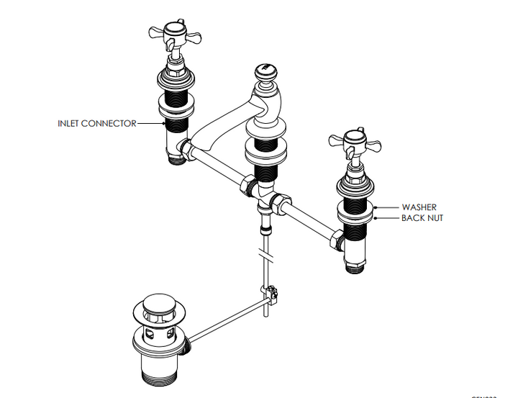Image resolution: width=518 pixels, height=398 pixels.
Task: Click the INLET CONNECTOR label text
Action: [x=96, y=123]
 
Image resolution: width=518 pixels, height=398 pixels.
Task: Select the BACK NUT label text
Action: [x=422, y=218]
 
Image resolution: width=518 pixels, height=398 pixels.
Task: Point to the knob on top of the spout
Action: [x=265, y=73]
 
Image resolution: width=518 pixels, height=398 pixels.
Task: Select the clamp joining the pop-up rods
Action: [x=271, y=293]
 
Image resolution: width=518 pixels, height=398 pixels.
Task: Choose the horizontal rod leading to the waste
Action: [x=227, y=317]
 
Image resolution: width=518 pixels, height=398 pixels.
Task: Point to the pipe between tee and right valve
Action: [x=309, y=219]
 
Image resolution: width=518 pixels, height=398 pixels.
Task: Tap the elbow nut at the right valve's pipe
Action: [x=336, y=238]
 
